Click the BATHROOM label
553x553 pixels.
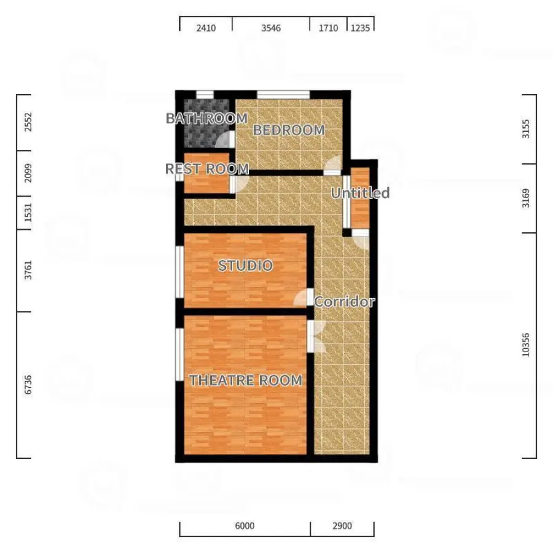[206, 119]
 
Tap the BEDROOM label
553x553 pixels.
[289, 130]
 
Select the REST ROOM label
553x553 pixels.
[207, 169]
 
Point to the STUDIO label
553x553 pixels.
[245, 265]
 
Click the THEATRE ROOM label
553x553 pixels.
[246, 380]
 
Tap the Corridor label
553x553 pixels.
[344, 302]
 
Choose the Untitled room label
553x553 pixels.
[360, 193]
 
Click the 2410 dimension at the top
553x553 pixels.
[206, 28]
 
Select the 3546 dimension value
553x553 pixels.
[271, 28]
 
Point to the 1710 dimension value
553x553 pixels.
[328, 28]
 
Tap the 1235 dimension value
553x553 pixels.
[360, 28]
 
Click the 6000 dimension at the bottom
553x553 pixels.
[245, 526]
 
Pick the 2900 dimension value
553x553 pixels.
[342, 526]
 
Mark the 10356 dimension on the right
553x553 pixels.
[525, 345]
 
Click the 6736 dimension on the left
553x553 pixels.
[28, 385]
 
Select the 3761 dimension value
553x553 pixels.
[28, 270]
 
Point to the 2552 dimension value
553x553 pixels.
[28, 122]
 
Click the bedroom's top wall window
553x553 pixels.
[283, 95]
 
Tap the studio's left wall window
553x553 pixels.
[179, 272]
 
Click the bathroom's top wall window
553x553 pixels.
[205, 95]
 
